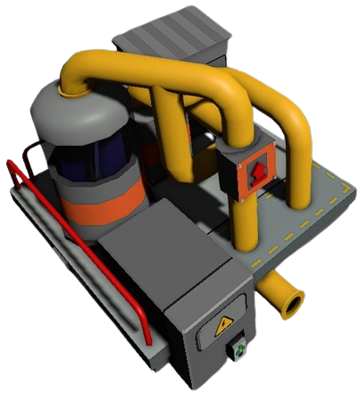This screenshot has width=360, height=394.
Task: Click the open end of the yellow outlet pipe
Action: coord(292,304)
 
